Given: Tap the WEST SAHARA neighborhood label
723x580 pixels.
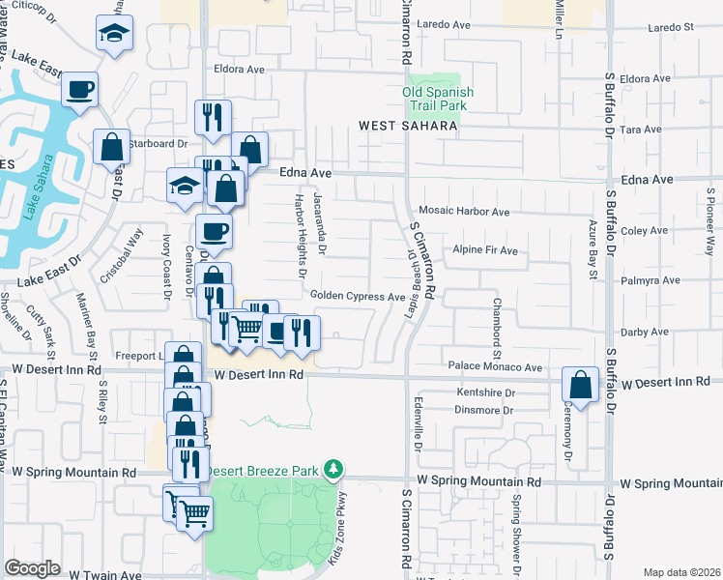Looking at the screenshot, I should point(407,126).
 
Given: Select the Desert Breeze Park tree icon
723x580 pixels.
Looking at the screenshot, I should point(334,470).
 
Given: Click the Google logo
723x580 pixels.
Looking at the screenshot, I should point(33,568).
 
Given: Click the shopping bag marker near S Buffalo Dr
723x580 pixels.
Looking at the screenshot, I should point(581,385).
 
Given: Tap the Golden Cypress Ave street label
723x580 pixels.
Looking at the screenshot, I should point(357,297).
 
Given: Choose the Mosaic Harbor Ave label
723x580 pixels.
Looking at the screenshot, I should point(464,211).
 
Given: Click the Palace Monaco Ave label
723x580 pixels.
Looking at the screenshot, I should point(495,367).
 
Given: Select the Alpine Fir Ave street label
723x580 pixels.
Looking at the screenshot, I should point(485,251).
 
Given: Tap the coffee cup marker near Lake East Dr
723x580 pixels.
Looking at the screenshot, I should point(79,90).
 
